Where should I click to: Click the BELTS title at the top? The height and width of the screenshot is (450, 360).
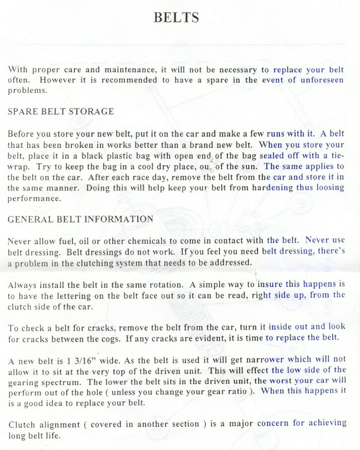point(176,17)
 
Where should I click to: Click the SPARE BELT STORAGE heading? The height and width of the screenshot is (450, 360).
point(61,112)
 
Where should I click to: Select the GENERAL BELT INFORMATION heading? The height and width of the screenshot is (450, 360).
point(80,219)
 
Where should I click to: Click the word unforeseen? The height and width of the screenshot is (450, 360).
point(322,80)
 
